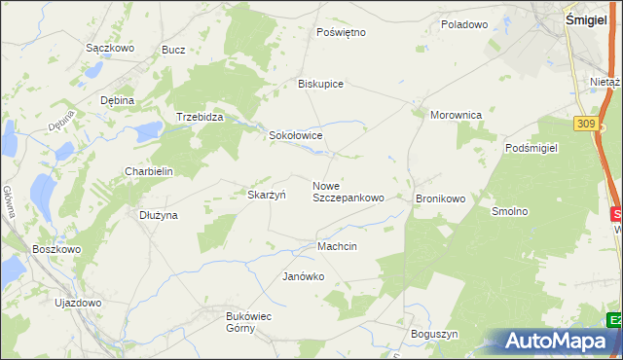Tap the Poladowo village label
(x=463, y=24)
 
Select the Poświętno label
(x=341, y=32)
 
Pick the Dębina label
(x=117, y=100)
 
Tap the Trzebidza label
(x=200, y=117)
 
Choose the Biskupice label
(x=320, y=84)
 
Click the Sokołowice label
(x=295, y=136)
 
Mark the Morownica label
(x=457, y=115)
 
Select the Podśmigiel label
(x=531, y=148)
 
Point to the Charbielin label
(x=148, y=171)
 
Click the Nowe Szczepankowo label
(x=348, y=192)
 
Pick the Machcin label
(x=337, y=247)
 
